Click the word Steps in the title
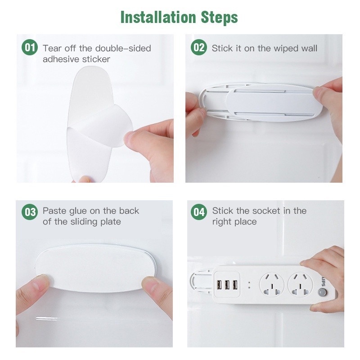click(220, 18)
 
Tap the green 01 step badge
click(30, 48)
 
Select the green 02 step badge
click(199, 48)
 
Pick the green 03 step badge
click(30, 211)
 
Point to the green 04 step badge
click(199, 211)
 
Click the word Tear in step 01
click(52, 49)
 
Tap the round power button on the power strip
click(323, 292)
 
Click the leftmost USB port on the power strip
click(219, 285)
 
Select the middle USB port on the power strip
click(227, 285)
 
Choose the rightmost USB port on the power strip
click(235, 285)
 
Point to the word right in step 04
click(222, 222)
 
